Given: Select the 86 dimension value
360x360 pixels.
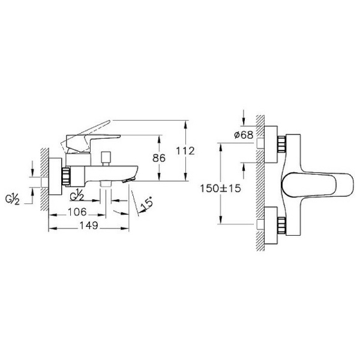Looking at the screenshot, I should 159,158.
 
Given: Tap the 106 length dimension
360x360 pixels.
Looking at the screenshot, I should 78,212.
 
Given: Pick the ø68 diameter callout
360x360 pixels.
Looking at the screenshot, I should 242,136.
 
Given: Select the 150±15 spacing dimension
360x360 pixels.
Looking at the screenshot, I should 220,188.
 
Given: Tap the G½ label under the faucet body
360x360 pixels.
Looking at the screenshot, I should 77,196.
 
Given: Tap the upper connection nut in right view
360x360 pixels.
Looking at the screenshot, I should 282,146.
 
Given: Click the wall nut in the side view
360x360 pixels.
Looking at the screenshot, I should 66,176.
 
